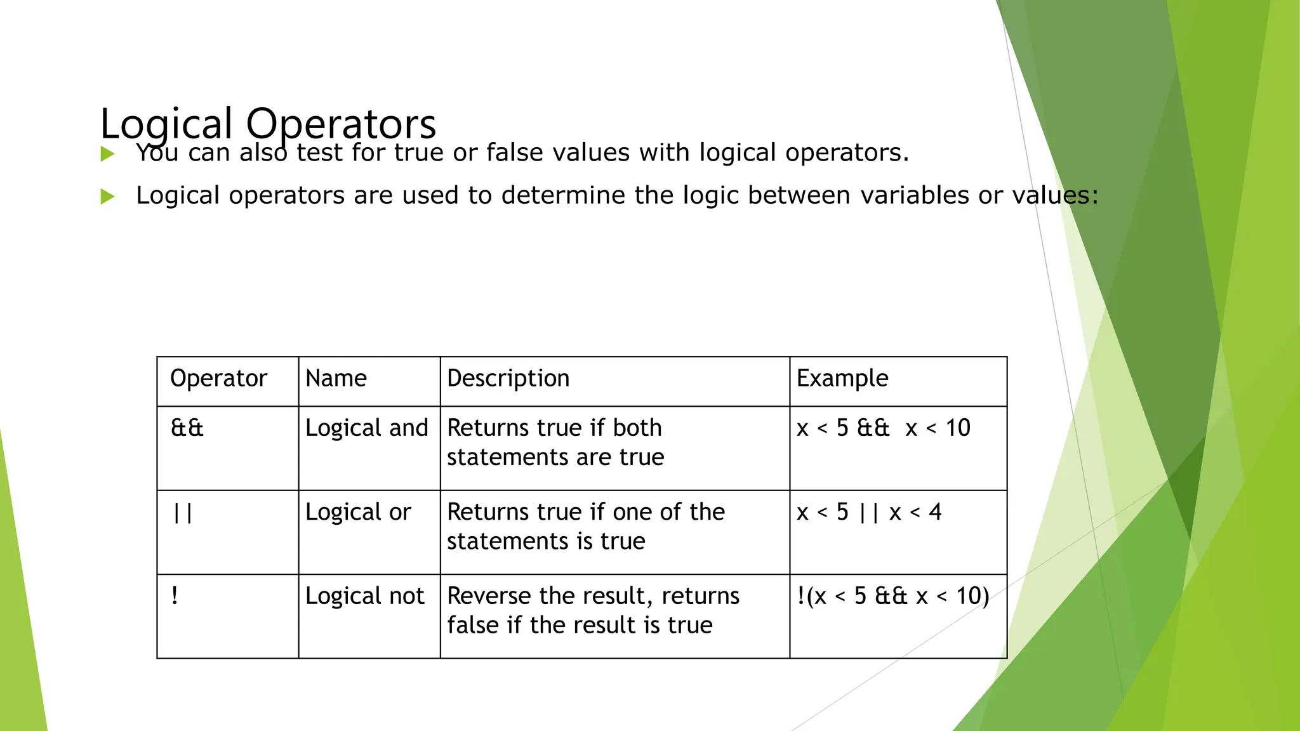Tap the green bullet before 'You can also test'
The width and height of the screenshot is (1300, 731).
tap(107, 154)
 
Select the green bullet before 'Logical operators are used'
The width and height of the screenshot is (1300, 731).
tap(107, 197)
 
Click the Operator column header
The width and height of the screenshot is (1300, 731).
tap(218, 378)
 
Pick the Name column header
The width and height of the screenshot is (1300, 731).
tap(336, 378)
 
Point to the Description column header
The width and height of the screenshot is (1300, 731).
tap(508, 378)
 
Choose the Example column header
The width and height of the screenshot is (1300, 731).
tap(842, 378)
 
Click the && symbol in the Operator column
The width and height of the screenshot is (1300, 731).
tap(187, 428)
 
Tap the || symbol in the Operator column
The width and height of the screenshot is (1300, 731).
tap(183, 512)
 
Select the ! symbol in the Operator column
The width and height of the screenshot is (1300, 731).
tap(175, 596)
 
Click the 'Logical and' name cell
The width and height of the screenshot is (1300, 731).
tap(366, 428)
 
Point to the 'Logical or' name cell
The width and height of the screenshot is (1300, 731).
tap(358, 512)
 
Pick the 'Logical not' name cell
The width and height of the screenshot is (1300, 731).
tap(364, 596)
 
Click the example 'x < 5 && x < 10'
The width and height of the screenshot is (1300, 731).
tap(883, 428)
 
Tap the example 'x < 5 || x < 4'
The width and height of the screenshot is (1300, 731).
tap(869, 512)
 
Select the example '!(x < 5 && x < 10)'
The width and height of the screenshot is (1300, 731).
tap(892, 596)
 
